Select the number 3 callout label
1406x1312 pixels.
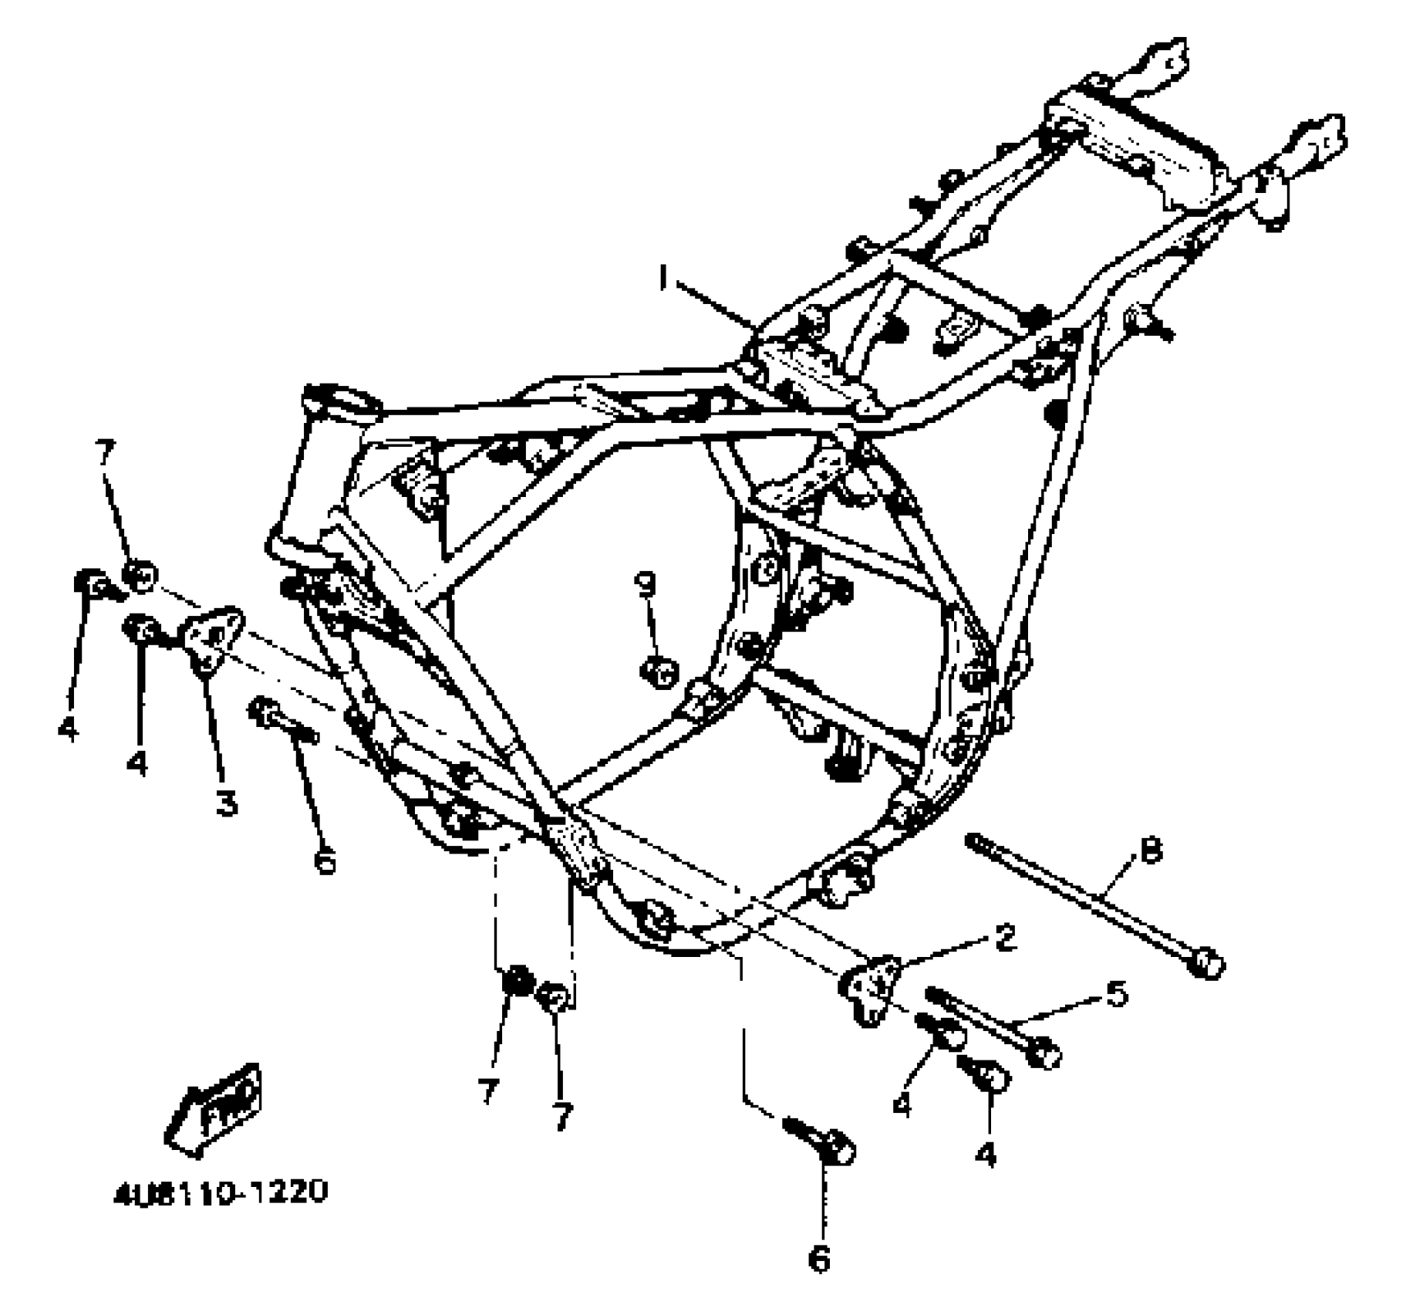[x=226, y=804]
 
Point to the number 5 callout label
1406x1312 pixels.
[x=1116, y=993]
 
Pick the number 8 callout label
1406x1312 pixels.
[x=1150, y=853]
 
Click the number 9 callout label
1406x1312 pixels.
[x=645, y=584]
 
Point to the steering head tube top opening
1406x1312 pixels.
[x=342, y=402]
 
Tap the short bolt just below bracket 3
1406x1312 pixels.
[x=284, y=721]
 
